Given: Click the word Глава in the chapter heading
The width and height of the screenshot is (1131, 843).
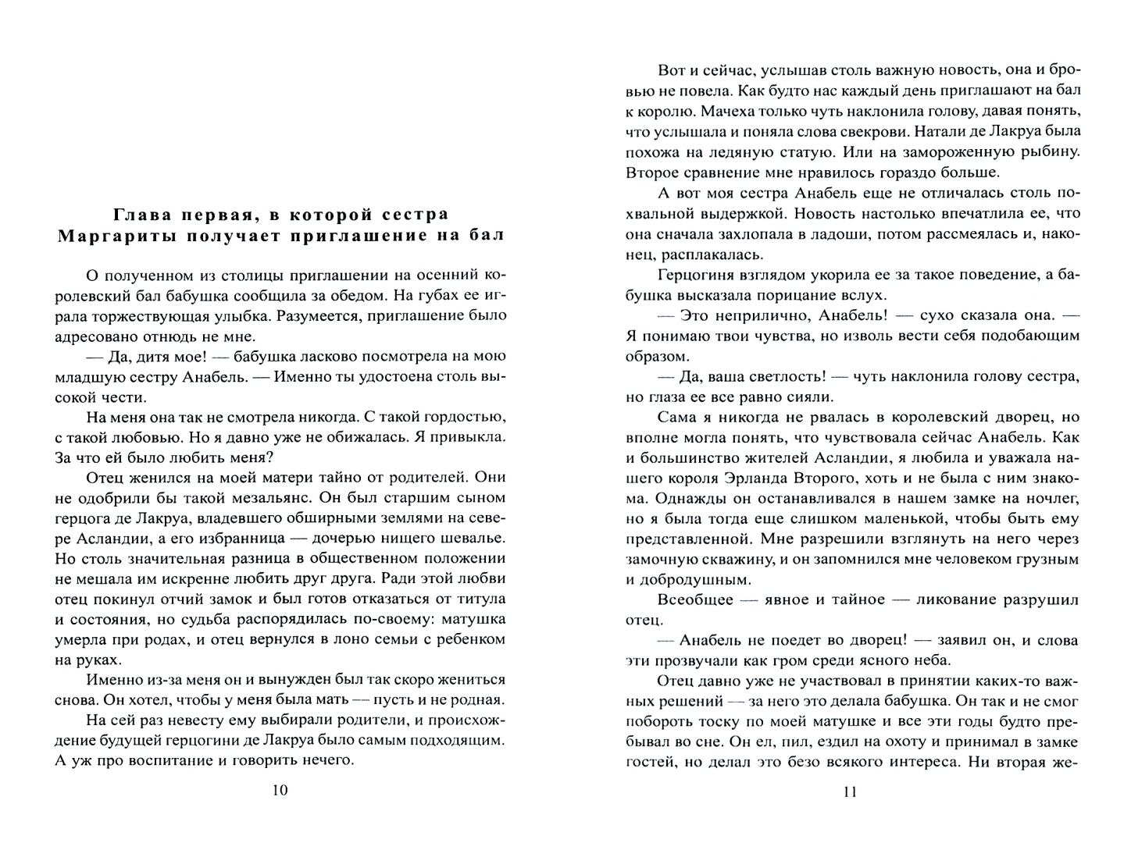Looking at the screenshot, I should point(142,214).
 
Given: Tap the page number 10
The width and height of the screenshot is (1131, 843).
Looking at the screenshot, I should point(280,791).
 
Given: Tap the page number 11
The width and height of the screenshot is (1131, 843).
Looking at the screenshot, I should point(851,792).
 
